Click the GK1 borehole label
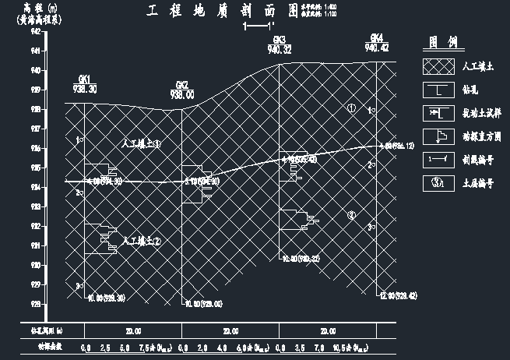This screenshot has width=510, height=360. (84, 79)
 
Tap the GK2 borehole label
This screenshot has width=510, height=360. (181, 85)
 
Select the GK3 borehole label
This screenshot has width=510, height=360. (279, 40)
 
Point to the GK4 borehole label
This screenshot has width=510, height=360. (376, 38)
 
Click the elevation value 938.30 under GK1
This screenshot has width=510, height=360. (84, 89)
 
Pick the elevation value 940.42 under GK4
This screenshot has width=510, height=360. (376, 48)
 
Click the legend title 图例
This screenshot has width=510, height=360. (441, 42)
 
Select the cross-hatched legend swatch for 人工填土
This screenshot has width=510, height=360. (438, 67)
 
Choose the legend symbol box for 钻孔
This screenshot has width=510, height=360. (438, 90)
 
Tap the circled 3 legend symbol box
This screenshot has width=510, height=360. (438, 183)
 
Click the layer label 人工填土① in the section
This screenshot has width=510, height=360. (142, 143)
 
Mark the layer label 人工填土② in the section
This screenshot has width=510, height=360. (142, 242)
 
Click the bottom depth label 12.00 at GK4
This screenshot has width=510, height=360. (396, 296)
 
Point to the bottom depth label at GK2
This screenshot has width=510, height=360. (201, 304)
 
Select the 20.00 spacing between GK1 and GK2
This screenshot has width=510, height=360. (132, 331)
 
